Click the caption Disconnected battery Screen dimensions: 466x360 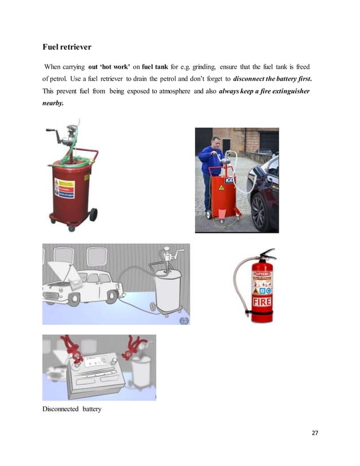click(72, 408)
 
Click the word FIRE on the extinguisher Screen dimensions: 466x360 click(262, 302)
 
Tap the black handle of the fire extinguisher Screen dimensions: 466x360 click(265, 253)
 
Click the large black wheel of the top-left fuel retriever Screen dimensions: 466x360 click(93, 214)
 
